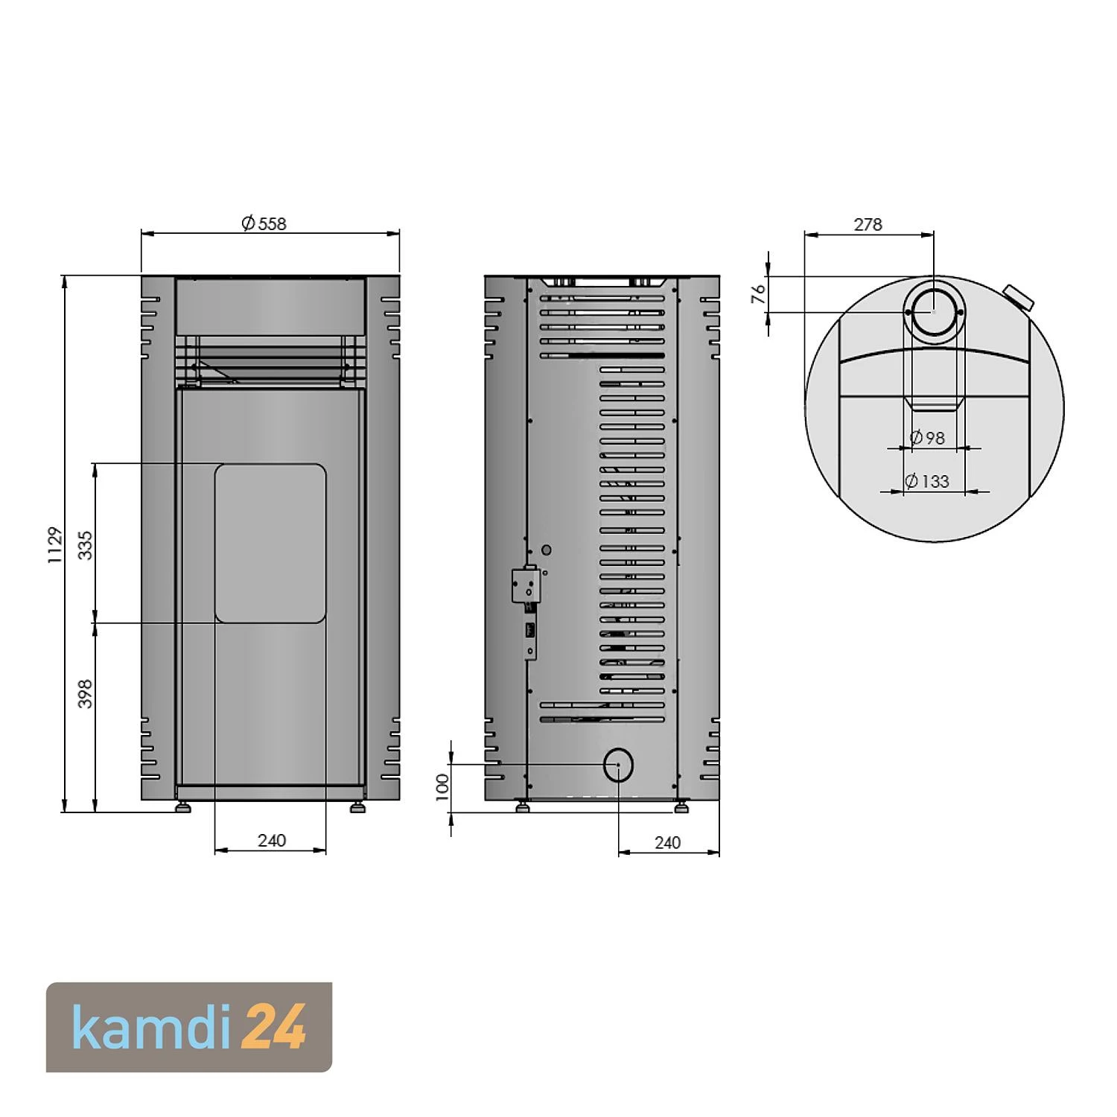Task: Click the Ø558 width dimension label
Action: tap(264, 223)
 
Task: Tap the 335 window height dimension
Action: tap(86, 544)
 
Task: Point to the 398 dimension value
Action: tap(86, 693)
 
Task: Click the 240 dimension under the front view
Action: tap(272, 840)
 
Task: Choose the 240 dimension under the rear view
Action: tap(667, 842)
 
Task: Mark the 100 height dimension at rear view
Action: tap(442, 787)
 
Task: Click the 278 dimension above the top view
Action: tap(868, 224)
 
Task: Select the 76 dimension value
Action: tap(758, 294)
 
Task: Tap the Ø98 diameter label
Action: tap(928, 438)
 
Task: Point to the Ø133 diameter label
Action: tap(927, 481)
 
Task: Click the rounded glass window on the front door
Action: tap(270, 543)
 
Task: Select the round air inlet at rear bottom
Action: tap(618, 764)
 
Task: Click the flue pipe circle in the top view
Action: tap(934, 312)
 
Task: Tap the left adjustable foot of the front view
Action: tap(182, 806)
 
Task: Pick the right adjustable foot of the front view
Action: tap(358, 806)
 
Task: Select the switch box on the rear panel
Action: tap(525, 584)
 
